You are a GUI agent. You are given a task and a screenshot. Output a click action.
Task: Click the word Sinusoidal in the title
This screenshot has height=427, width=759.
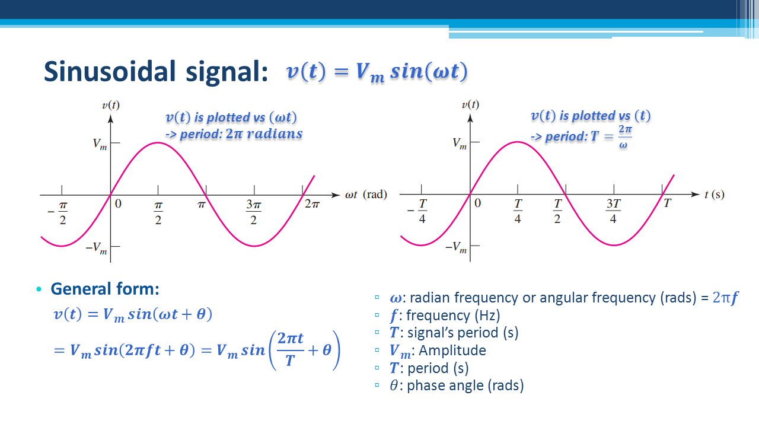coord(110,72)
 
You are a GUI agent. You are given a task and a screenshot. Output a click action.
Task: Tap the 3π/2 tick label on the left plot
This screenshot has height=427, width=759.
coord(254,212)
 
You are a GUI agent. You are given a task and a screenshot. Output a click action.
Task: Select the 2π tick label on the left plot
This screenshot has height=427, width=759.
coord(312,204)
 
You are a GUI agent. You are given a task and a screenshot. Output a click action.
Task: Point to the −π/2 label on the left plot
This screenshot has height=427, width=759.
coord(58,213)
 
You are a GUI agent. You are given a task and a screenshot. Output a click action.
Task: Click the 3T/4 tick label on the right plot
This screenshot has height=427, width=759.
coord(613,211)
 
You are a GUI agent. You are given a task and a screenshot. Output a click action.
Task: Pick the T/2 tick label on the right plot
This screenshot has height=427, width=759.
coord(557,211)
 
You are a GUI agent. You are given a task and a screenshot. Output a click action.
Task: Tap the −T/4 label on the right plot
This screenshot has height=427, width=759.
coord(417,211)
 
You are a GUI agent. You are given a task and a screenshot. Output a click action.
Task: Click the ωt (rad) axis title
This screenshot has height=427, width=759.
coord(366,195)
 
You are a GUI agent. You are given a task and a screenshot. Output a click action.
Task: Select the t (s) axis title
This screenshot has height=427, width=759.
coord(715,195)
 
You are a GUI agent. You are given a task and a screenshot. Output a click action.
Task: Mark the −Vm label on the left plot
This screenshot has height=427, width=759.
coord(97,248)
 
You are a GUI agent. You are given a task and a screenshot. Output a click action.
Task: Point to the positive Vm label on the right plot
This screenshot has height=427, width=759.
coord(460,144)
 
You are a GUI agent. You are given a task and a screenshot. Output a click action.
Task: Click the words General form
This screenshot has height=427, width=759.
coord(105,289)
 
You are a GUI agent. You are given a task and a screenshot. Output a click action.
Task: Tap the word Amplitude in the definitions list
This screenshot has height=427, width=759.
coord(452,350)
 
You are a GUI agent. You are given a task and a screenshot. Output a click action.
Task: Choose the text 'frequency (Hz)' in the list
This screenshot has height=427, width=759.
coord(453,316)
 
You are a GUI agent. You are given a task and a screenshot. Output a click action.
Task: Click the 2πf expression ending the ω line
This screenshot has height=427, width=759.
coord(725,298)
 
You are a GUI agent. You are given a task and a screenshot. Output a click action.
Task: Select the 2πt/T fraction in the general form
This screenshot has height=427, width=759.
coord(291,349)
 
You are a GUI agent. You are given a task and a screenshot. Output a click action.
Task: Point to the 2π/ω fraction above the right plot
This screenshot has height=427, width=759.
coord(625,137)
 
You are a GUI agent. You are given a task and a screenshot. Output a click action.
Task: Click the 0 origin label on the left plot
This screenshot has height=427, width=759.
coord(118,203)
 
